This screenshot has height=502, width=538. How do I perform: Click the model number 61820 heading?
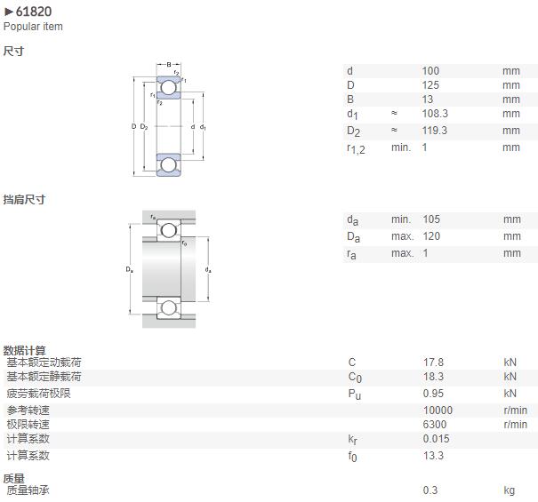pyautogui.click(x=34, y=12)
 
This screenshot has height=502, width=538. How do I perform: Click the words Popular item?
pyautogui.click(x=33, y=27)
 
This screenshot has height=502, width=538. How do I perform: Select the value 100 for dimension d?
pyautogui.click(x=430, y=71)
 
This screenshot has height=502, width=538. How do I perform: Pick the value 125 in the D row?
pyautogui.click(x=430, y=85)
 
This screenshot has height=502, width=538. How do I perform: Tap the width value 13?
pyautogui.click(x=428, y=100)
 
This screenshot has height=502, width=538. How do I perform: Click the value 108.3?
pyautogui.click(x=435, y=114)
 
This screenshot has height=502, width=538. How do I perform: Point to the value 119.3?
pyautogui.click(x=435, y=131)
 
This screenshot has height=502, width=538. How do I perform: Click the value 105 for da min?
pyautogui.click(x=431, y=219)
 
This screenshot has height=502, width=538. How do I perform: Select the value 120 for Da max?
pyautogui.click(x=431, y=236)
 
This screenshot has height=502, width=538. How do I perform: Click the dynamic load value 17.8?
pyautogui.click(x=433, y=363)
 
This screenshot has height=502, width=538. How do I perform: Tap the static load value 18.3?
pyautogui.click(x=433, y=377)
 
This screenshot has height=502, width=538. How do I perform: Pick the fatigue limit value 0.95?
pyautogui.click(x=433, y=394)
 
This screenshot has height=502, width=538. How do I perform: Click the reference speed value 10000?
pyautogui.click(x=438, y=410)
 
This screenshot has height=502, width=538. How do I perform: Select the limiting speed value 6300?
pyautogui.click(x=435, y=425)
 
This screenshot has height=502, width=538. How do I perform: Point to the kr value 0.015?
pyautogui.click(x=436, y=439)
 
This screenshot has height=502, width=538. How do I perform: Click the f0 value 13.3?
pyautogui.click(x=433, y=456)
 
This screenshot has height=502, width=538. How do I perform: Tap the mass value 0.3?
pyautogui.click(x=430, y=490)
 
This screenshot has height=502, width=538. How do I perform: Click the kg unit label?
pyautogui.click(x=510, y=490)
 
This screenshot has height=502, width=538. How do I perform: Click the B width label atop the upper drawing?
pyautogui.click(x=169, y=65)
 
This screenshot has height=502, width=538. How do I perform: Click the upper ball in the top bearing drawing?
pyautogui.click(x=168, y=87)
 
